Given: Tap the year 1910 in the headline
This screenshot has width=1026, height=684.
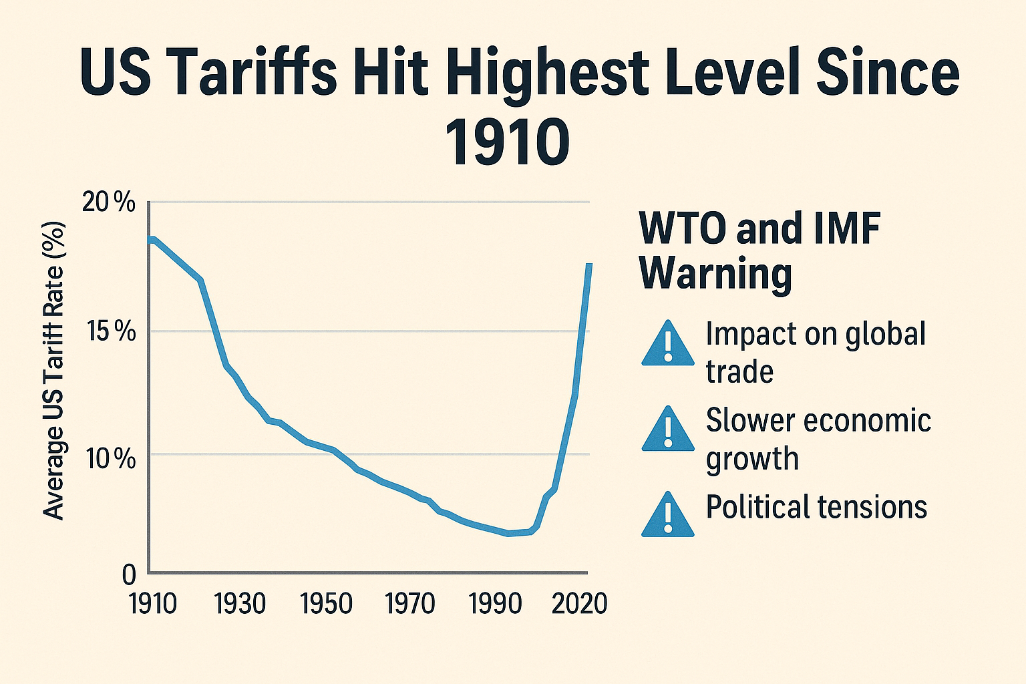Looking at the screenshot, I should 507,142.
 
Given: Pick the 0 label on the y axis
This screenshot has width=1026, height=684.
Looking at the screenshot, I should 128,574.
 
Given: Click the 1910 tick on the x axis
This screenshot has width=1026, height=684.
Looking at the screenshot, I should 152,604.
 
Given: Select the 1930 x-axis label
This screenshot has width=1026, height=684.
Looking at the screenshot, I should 240,604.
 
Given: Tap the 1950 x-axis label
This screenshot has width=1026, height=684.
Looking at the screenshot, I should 326,604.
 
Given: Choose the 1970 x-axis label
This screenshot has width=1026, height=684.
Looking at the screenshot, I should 411,604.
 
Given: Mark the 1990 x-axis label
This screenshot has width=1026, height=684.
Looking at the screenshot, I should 496,604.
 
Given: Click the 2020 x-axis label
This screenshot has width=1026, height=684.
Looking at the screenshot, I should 579,604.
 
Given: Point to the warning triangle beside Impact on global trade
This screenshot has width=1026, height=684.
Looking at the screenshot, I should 667,344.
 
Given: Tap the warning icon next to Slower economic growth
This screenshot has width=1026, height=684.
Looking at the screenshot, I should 667,430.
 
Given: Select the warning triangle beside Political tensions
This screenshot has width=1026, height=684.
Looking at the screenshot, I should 667,516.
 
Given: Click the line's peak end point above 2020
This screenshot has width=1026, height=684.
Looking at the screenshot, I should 589,265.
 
